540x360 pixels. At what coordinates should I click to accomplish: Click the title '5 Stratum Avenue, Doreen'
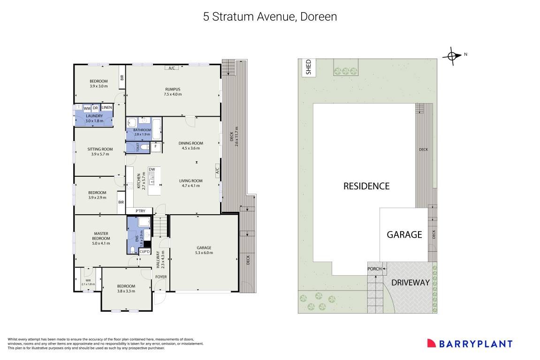click(x=270, y=17)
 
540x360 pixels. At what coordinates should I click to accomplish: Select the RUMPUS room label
click(x=173, y=89)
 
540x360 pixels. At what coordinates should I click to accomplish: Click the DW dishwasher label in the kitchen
click(x=152, y=170)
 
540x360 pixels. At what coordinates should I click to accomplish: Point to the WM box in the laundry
click(x=87, y=108)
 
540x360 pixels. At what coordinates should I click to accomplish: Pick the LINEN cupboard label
click(x=107, y=108)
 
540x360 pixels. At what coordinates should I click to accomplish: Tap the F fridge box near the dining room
click(x=156, y=147)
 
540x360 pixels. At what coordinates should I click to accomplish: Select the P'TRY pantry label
click(x=140, y=211)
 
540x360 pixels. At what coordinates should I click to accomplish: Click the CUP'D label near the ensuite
click(x=145, y=252)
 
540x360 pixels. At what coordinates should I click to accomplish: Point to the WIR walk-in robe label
click(x=88, y=281)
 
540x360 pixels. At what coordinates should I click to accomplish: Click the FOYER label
click(x=161, y=277)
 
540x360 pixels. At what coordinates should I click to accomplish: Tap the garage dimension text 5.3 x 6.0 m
click(x=204, y=253)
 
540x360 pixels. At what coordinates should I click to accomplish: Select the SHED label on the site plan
click(x=309, y=67)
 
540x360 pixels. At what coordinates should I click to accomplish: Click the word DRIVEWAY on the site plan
click(x=411, y=282)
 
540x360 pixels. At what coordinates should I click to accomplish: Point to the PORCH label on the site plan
click(x=374, y=269)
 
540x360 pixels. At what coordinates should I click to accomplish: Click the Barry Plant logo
click(x=470, y=344)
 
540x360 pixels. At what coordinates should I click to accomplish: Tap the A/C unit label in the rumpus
click(x=172, y=68)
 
